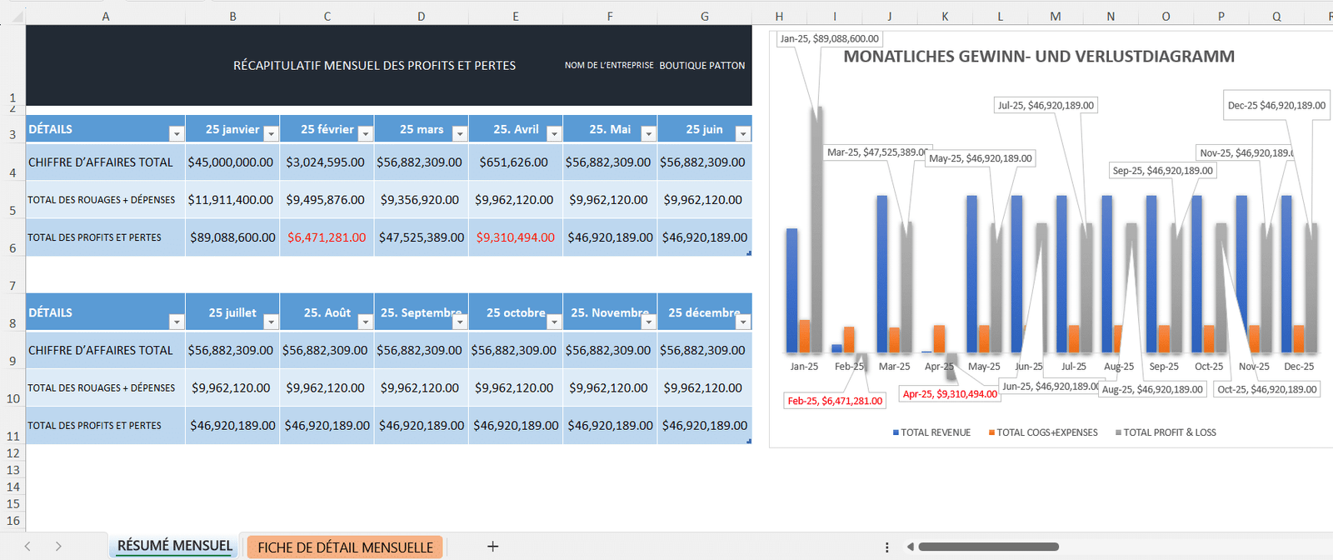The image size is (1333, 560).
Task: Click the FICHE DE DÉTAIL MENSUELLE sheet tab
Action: click(345, 547)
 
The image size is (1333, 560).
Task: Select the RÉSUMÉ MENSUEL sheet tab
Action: click(174, 546)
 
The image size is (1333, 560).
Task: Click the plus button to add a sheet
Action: click(492, 547)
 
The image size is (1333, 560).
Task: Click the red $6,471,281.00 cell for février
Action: click(327, 237)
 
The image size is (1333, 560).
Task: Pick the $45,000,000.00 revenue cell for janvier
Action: click(231, 162)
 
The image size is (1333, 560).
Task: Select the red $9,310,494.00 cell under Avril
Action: click(515, 237)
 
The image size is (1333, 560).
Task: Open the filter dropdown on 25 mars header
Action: click(459, 133)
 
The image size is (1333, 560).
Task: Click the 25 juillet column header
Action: click(232, 312)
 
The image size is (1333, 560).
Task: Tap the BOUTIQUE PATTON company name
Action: click(701, 65)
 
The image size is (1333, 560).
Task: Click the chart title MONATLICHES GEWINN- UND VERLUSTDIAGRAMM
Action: click(1038, 57)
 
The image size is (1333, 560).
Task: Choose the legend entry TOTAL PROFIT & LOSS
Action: click(1169, 432)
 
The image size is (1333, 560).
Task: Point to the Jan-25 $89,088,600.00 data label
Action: click(829, 38)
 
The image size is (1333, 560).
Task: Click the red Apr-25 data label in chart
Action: click(950, 394)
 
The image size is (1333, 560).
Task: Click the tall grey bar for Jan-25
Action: click(817, 233)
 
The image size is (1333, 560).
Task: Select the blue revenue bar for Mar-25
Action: click(882, 275)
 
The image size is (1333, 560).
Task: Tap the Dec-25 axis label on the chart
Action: click(1298, 367)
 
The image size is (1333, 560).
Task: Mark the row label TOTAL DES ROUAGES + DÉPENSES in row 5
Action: click(102, 200)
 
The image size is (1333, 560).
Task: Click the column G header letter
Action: click(704, 16)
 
